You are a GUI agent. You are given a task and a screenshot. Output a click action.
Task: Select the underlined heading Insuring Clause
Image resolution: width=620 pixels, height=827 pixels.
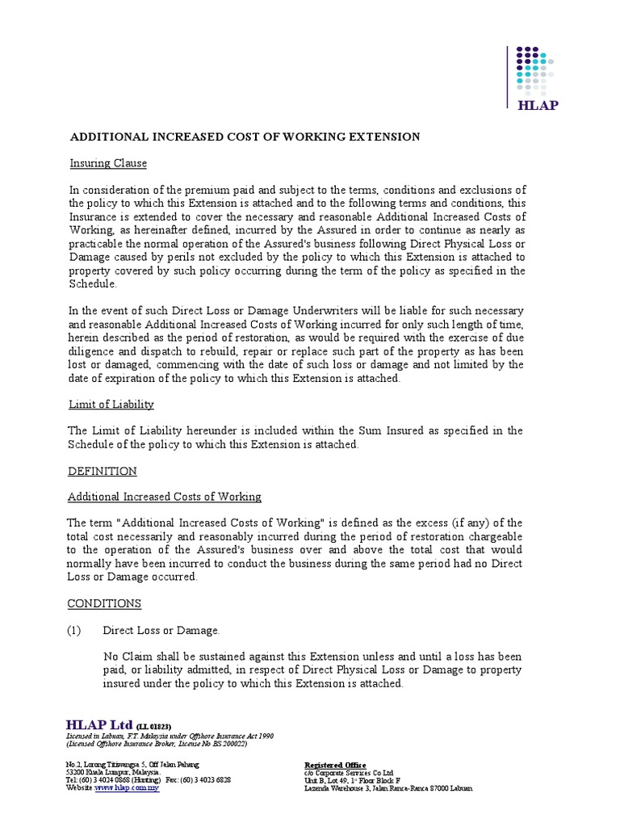point(107,163)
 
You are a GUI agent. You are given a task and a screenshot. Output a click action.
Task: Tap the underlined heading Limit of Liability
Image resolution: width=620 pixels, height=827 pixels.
point(111,404)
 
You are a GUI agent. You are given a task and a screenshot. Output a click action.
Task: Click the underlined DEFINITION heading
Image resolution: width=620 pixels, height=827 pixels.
point(102,471)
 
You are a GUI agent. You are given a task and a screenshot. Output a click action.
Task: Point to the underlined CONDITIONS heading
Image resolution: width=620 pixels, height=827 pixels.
point(104,603)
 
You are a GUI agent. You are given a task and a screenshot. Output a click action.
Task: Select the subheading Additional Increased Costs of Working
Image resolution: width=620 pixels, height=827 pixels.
point(164,497)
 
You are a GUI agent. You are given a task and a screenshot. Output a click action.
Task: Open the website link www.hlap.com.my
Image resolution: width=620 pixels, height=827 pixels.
point(127,787)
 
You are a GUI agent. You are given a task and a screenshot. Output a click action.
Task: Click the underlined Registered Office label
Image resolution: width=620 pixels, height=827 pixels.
point(334,765)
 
